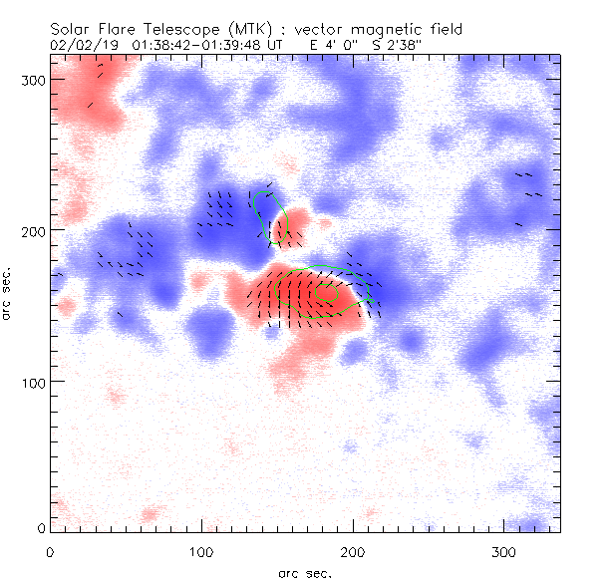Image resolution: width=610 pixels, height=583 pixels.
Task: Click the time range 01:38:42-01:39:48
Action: [196, 46]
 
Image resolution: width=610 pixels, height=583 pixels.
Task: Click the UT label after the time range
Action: [276, 46]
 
